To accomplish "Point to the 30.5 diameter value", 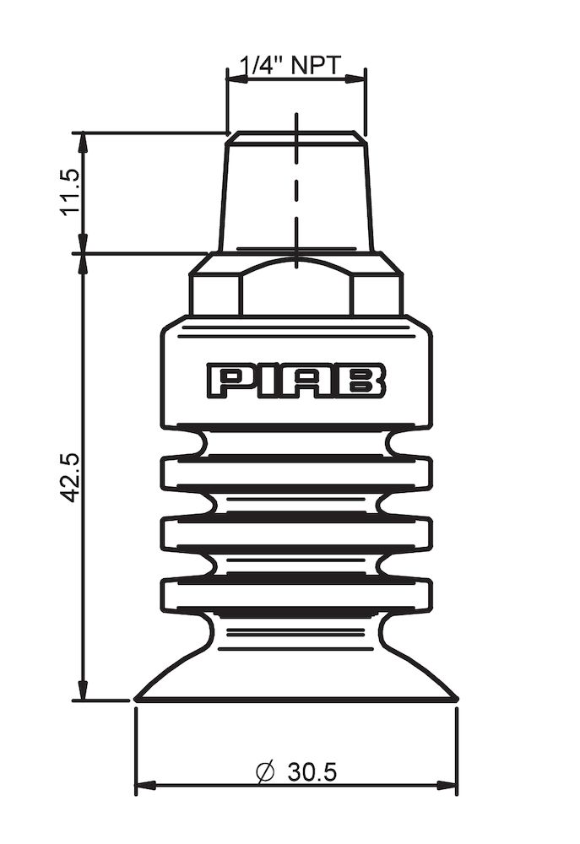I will pyautogui.click(x=312, y=771).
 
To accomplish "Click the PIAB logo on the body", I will pyautogui.click(x=296, y=381).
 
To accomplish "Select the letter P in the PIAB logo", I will pyautogui.click(x=228, y=381).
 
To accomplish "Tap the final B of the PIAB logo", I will pyautogui.click(x=365, y=381).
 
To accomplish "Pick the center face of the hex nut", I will pyautogui.click(x=295, y=289).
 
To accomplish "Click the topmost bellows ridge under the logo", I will pyautogui.click(x=295, y=472).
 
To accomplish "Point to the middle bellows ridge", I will pyautogui.click(x=295, y=533).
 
